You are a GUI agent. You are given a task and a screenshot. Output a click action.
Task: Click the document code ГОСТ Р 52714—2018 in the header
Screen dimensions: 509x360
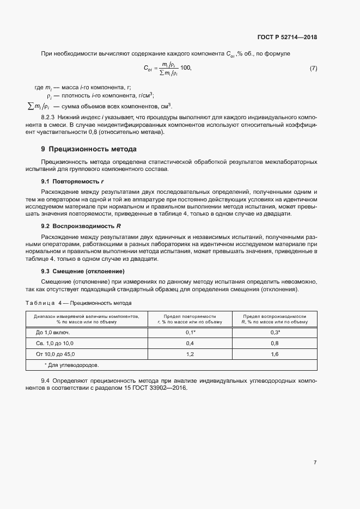click(x=286, y=37)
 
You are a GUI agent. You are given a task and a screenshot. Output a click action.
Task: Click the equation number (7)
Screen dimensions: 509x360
click(x=313, y=69)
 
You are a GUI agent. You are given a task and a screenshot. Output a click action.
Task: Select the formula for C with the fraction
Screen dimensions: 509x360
click(x=168, y=69)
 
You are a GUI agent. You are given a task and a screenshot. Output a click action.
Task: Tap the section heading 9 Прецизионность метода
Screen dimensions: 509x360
click(x=89, y=149)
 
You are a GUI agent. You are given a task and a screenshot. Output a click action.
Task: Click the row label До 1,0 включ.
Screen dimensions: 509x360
click(x=53, y=332)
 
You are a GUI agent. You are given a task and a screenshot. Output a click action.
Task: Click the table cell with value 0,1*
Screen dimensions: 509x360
click(x=190, y=332)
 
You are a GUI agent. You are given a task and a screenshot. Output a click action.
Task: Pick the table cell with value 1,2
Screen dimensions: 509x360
click(x=190, y=354)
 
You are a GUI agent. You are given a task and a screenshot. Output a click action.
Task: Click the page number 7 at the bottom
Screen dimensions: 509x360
click(x=315, y=462)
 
